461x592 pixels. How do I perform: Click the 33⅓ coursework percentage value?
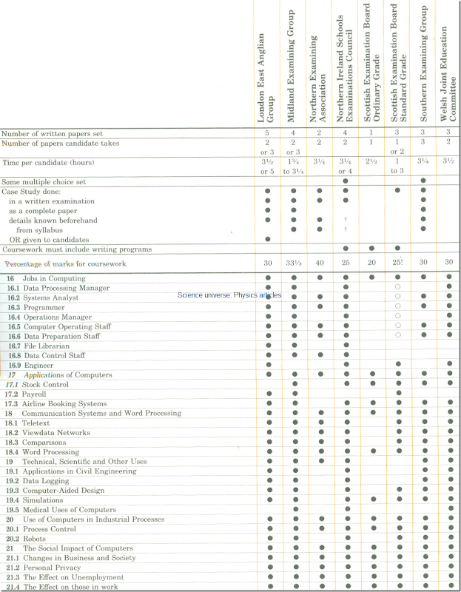pos(294,263)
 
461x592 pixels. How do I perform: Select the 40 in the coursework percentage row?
pos(320,263)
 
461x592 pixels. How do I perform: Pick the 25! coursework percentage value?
pos(397,263)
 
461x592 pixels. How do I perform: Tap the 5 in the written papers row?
pos(267,133)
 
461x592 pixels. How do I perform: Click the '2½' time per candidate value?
pos(371,161)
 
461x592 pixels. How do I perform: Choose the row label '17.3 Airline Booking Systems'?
pos(55,404)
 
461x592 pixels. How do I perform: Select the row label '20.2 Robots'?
pos(29,539)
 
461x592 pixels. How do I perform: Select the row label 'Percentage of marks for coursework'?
pos(66,263)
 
